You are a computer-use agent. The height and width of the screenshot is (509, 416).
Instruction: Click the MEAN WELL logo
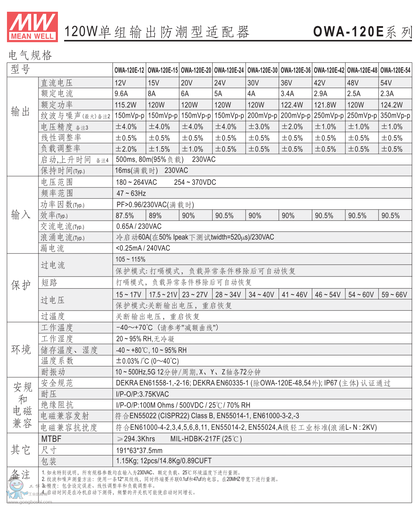32,26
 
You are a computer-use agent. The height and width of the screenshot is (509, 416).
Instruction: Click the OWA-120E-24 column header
229,70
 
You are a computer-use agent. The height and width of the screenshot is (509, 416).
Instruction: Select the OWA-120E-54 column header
395,70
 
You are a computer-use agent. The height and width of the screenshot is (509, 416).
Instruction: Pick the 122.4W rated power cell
292,105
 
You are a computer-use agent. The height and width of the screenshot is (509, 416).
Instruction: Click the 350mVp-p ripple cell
395,116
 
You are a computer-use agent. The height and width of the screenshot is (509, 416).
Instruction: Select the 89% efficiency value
155,216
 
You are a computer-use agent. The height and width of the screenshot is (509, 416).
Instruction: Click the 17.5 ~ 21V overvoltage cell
163,294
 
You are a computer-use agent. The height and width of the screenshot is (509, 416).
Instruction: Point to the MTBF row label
51,439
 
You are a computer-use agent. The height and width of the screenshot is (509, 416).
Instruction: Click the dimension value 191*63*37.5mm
139,450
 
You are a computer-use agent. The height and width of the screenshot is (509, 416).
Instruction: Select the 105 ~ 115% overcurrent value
130,259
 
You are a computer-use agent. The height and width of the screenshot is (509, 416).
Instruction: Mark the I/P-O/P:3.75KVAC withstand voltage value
142,394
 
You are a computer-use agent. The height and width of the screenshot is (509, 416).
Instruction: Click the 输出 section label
21,111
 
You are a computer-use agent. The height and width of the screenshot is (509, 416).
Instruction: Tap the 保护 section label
21,285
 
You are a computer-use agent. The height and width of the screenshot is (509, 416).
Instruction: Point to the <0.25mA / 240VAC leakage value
143,248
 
